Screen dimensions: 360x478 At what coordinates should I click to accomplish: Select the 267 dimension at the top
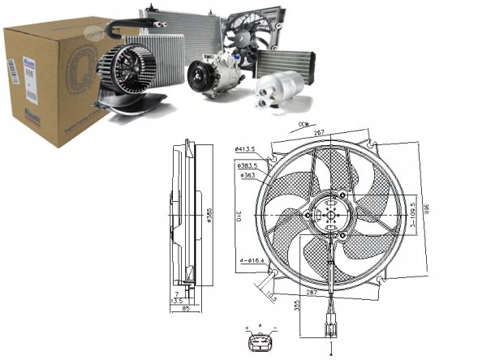click(x=320, y=134)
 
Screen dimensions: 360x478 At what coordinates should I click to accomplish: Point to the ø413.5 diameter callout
click(x=245, y=150)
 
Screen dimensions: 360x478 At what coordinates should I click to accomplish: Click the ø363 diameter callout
click(x=248, y=174)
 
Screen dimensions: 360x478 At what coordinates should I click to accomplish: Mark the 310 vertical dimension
click(x=228, y=217)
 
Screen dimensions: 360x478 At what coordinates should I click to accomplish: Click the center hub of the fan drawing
click(x=329, y=216)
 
